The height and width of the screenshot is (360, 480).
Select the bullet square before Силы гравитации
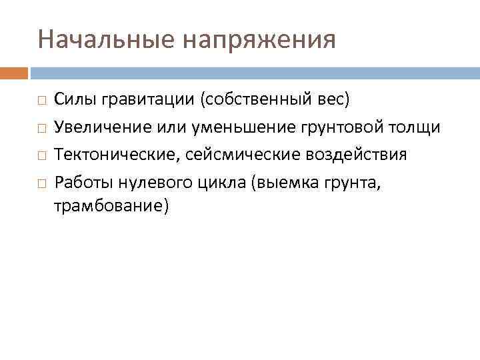coord(41,101)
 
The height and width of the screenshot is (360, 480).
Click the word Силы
coord(75,100)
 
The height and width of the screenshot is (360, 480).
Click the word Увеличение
coord(97,127)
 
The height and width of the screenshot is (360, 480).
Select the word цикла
coord(219,182)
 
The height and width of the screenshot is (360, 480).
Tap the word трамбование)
coord(111,207)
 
